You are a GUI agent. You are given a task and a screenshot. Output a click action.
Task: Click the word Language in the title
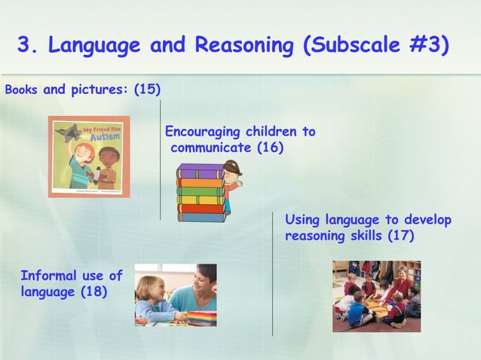pyautogui.click(x=94, y=46)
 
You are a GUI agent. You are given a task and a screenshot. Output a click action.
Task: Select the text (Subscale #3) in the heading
pyautogui.click(x=375, y=46)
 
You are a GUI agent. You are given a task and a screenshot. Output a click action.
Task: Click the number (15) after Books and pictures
pyautogui.click(x=147, y=90)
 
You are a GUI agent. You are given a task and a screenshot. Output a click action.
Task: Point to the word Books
pyautogui.click(x=21, y=90)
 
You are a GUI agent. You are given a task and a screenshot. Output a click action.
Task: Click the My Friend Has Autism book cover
pyautogui.click(x=89, y=157)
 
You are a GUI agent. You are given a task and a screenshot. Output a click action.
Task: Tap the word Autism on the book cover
pyautogui.click(x=105, y=138)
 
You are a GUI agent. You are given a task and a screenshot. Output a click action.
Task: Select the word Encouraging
pyautogui.click(x=201, y=132)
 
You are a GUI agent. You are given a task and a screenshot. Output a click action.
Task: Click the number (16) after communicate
pyautogui.click(x=269, y=148)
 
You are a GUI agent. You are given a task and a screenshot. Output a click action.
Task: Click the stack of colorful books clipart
pyautogui.click(x=201, y=193)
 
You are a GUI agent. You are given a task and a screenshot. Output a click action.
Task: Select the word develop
pyautogui.click(x=426, y=220)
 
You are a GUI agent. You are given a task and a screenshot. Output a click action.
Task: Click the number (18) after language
pyautogui.click(x=93, y=291)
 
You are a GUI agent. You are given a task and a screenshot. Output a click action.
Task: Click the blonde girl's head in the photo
pyautogui.click(x=149, y=288)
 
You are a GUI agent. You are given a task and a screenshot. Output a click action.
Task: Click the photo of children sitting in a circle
pyautogui.click(x=376, y=296)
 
